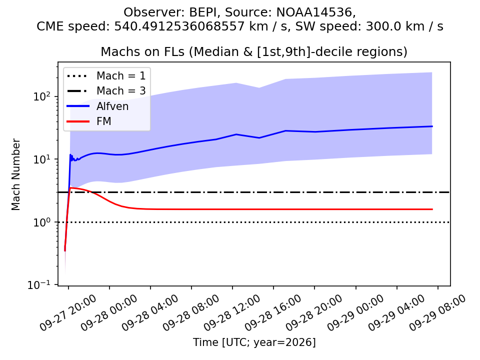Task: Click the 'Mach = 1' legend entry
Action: tap(106, 75)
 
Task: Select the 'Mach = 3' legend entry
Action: tap(106, 90)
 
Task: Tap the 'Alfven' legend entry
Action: tap(97, 106)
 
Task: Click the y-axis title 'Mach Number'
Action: tap(15, 174)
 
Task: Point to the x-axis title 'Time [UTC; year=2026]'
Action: tap(254, 342)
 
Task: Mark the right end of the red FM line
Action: tap(432, 209)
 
